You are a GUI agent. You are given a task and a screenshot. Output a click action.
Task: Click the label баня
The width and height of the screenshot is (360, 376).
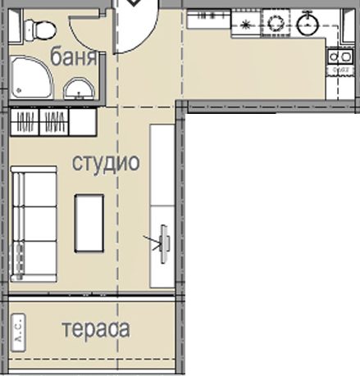click(x=74, y=57)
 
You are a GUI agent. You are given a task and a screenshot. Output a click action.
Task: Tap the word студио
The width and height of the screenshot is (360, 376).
click(x=106, y=163)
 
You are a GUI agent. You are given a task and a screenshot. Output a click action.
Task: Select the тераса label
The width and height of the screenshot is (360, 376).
click(x=96, y=329)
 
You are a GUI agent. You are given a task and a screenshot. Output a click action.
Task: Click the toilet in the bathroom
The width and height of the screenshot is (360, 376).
click(x=40, y=29)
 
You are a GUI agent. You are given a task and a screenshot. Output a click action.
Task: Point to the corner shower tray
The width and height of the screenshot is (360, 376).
click(x=31, y=77)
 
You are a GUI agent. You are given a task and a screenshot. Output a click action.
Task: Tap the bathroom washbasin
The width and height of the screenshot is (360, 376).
click(x=79, y=88)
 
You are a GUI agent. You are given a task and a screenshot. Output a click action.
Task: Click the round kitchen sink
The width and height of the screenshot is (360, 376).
click(x=308, y=24)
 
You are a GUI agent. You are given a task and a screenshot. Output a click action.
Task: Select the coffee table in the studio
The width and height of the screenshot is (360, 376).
click(x=89, y=223)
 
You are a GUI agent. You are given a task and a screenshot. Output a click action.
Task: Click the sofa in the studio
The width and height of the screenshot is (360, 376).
click(x=34, y=224)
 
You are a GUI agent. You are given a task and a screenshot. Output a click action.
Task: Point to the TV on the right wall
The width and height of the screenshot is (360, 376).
click(x=164, y=244)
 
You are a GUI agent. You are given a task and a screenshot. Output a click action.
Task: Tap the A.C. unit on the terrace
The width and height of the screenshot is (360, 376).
click(x=19, y=333)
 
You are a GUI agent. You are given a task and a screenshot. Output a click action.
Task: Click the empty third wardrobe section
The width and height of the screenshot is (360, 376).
click(x=83, y=122)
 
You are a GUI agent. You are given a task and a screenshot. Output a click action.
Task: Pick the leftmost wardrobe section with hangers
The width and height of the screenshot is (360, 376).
click(x=25, y=122)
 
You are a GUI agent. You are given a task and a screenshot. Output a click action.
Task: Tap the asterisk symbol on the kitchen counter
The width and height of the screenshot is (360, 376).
click(x=245, y=25)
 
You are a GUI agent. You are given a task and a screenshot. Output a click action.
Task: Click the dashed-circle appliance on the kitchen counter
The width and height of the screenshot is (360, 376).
click(x=276, y=23)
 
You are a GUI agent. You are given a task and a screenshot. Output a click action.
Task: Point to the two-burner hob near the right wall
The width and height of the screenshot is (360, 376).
click(x=340, y=57)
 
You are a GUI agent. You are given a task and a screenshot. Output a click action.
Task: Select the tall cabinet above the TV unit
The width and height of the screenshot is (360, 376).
click(x=162, y=165)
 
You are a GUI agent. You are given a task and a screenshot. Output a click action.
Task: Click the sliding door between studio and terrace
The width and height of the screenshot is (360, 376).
click(x=92, y=296)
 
